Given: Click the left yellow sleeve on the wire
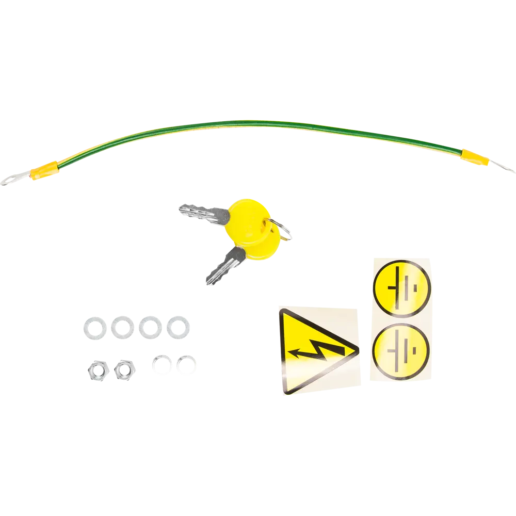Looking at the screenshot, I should tap(45, 170).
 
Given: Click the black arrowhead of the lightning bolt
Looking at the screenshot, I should tap(295, 354).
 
